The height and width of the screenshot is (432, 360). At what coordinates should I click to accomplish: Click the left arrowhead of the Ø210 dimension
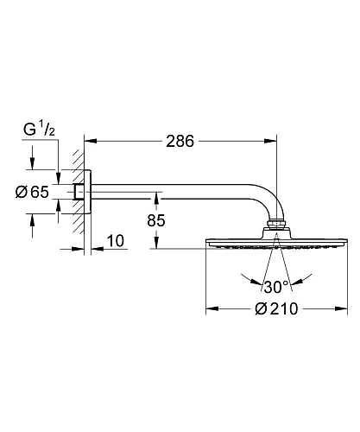[210, 310]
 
